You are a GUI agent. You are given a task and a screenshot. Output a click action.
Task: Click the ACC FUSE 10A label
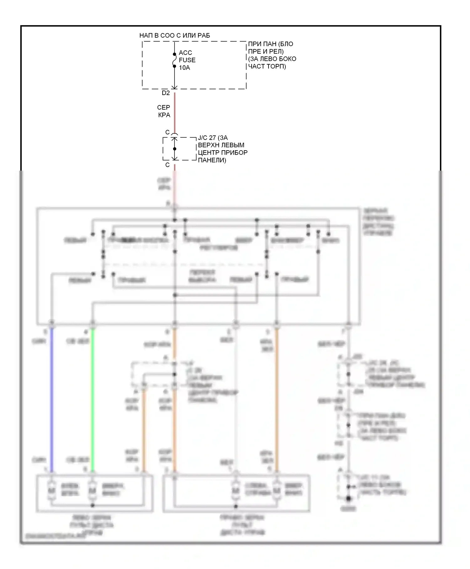(187, 60)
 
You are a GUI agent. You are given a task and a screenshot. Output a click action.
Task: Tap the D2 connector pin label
(166, 93)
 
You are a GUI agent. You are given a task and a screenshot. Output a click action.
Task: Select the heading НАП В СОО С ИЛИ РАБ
(175, 35)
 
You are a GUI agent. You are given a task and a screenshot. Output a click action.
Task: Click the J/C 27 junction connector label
(222, 149)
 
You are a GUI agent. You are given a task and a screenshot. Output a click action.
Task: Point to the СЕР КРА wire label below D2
(164, 111)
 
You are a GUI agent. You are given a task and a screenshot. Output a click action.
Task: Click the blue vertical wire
(52, 398)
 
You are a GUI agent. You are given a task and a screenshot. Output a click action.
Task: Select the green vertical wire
(92, 398)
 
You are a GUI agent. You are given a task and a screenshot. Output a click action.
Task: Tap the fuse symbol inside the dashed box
(175, 60)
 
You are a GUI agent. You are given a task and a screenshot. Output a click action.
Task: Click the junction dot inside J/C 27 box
(175, 149)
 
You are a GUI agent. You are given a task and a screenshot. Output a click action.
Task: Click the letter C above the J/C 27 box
(167, 132)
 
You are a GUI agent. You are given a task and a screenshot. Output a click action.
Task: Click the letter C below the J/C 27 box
(167, 165)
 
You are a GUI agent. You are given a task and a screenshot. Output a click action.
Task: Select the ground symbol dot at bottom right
(348, 498)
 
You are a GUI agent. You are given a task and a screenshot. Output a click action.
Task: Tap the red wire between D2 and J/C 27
(175, 113)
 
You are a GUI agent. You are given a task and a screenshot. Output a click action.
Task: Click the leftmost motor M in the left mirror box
(52, 490)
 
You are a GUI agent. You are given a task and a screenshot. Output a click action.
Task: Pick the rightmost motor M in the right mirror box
(276, 490)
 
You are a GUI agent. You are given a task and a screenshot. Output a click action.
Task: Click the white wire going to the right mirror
(236, 398)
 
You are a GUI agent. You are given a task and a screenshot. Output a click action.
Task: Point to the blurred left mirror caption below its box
(91, 525)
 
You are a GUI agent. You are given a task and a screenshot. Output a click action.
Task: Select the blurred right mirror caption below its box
(242, 525)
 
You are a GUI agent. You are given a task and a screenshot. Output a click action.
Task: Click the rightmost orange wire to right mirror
(277, 398)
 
